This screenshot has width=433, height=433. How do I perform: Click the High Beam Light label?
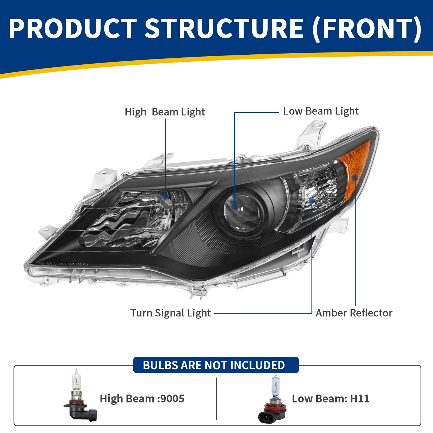click(x=165, y=112)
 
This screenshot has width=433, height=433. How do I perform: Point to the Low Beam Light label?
click(x=321, y=111)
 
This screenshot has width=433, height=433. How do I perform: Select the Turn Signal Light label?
click(x=170, y=313)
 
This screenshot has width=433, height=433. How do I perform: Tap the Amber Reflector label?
click(x=354, y=313)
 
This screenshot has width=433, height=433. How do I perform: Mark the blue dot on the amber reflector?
click(x=355, y=178)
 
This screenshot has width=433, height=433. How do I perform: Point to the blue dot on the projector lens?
click(x=235, y=206)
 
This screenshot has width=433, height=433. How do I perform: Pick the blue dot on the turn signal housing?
click(x=312, y=201)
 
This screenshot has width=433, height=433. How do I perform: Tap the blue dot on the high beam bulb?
click(x=166, y=196)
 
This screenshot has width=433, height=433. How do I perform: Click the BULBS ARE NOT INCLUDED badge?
click(x=216, y=365)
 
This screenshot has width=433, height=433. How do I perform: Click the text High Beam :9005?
click(x=142, y=399)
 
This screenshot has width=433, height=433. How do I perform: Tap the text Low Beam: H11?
click(x=330, y=399)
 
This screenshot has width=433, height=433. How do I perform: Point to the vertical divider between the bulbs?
click(x=217, y=398)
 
